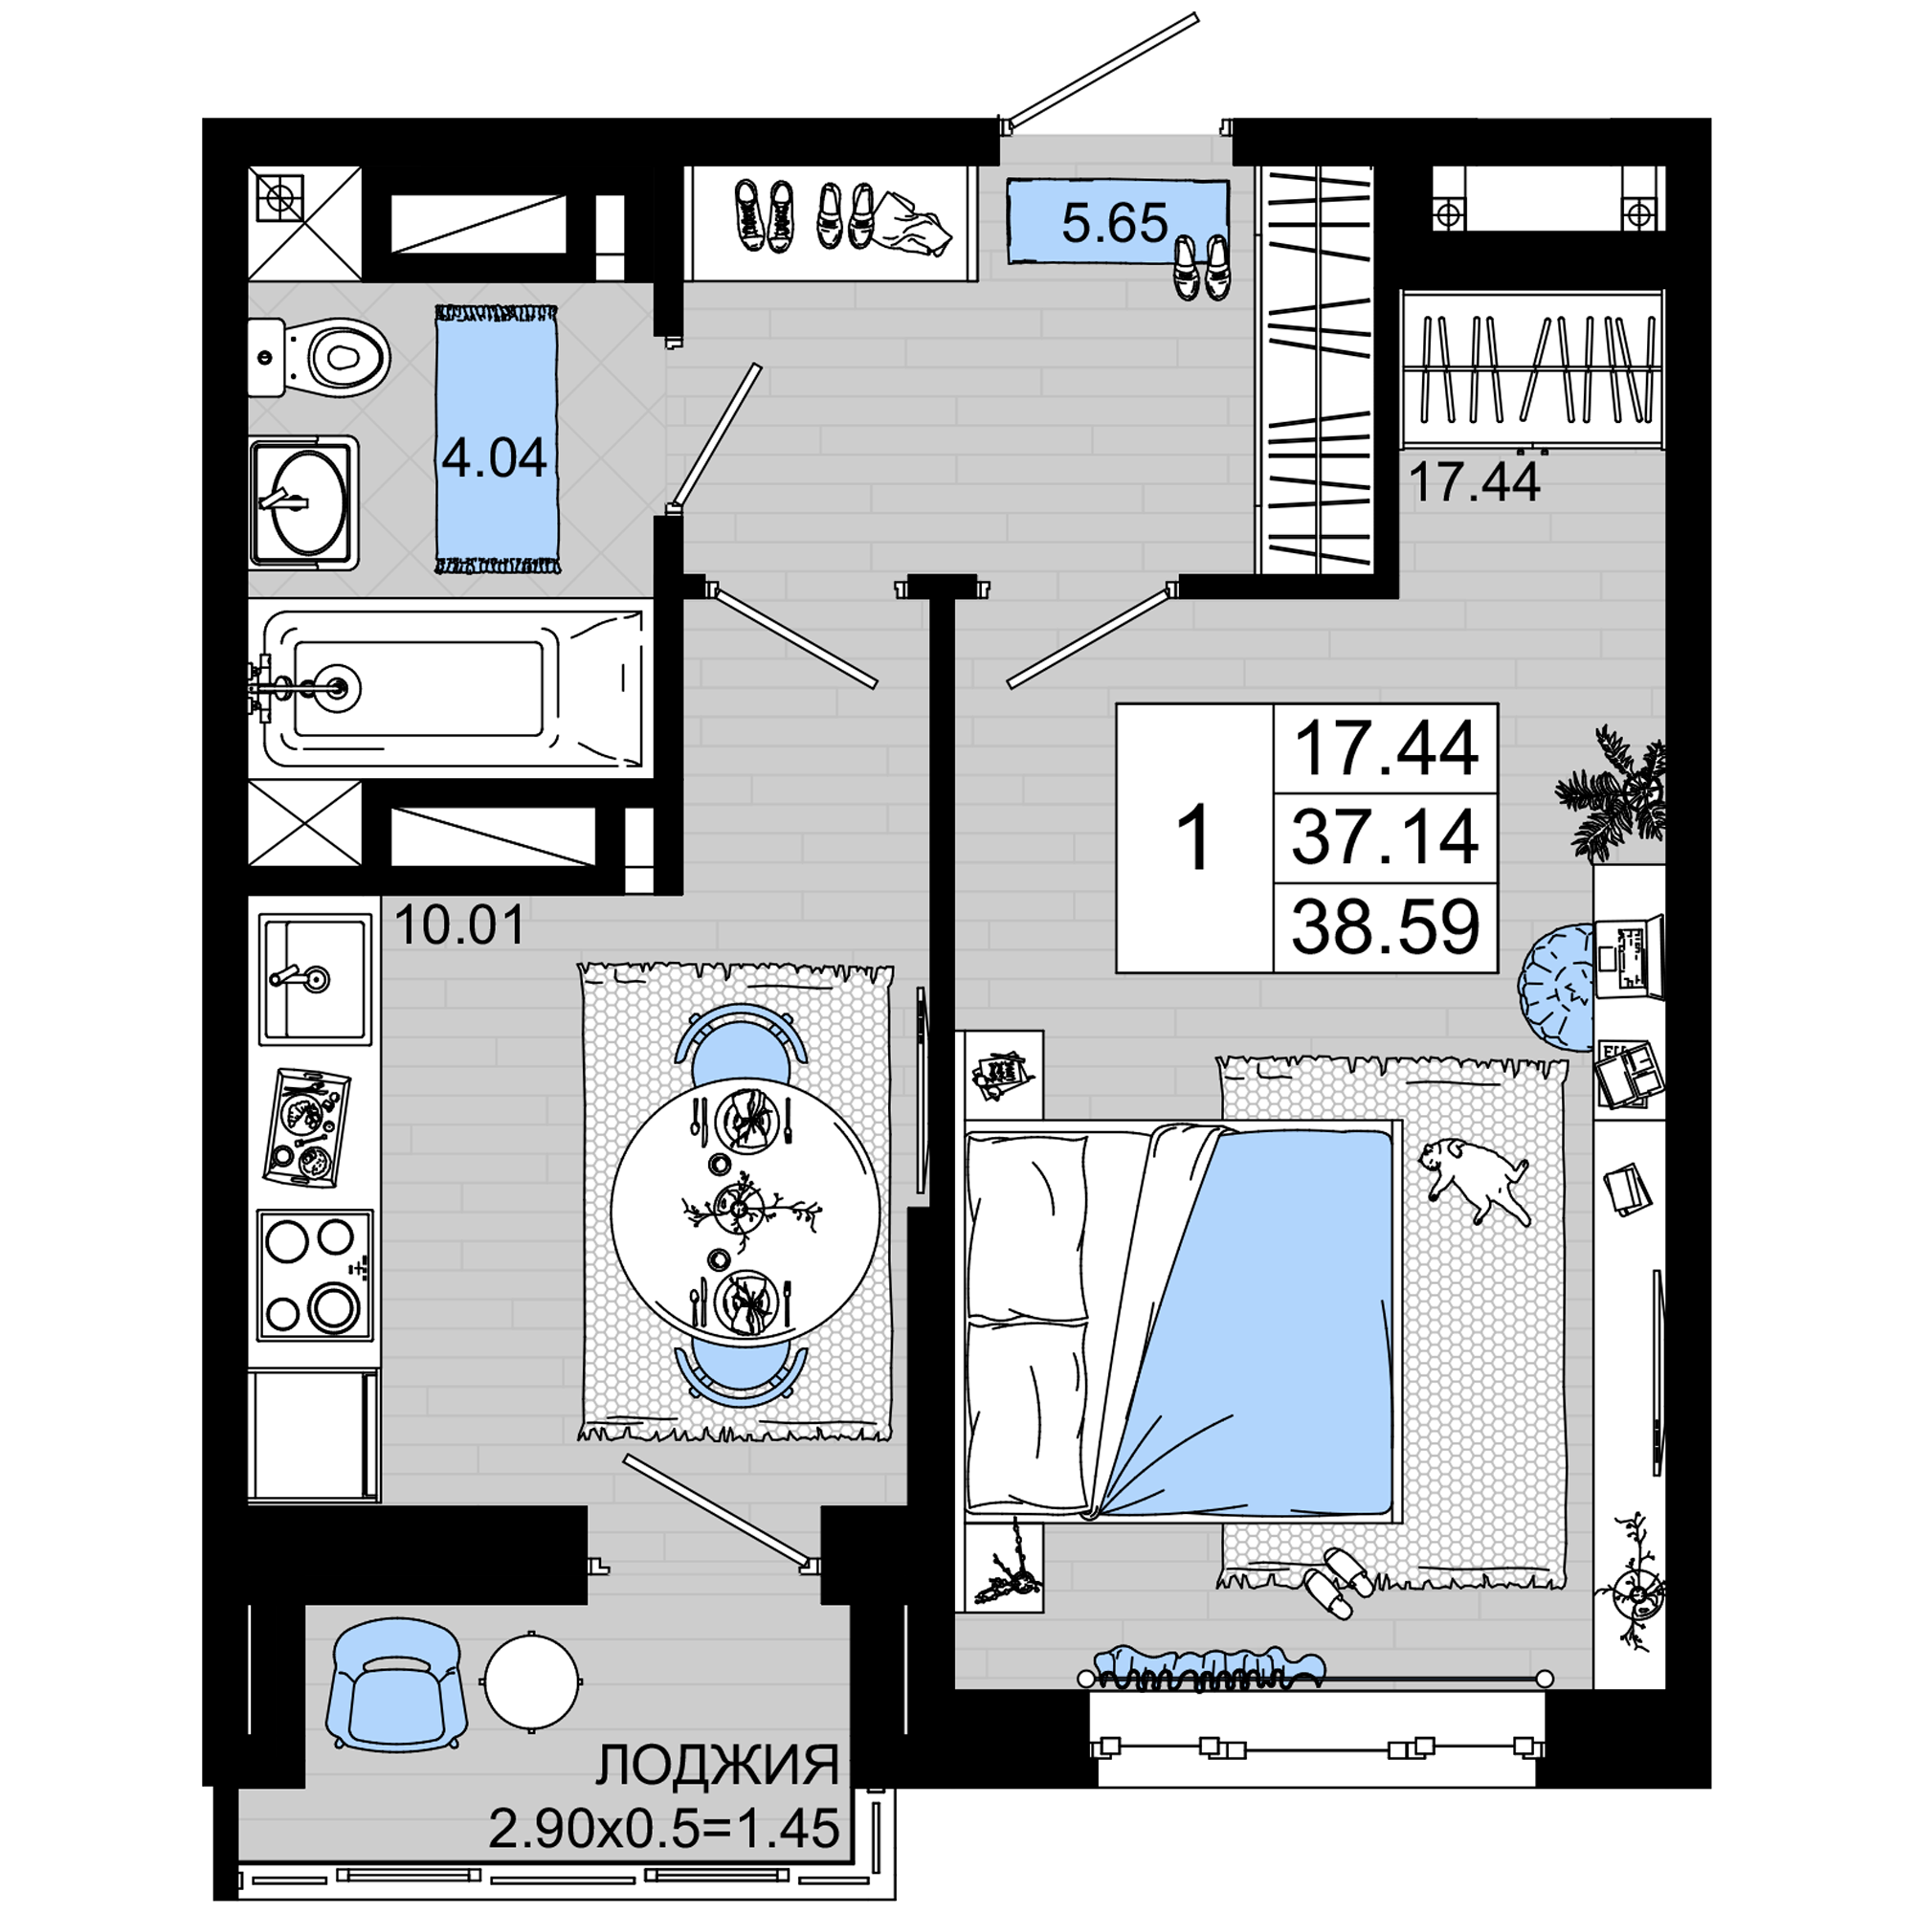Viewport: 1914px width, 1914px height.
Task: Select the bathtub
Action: pos(451,687)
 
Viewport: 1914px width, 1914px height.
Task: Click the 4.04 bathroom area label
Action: pos(495,457)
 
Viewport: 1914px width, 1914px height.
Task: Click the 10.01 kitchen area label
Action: pos(459,924)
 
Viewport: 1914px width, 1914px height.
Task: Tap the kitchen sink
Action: pos(315,979)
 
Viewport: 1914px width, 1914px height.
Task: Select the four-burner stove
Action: pos(315,1274)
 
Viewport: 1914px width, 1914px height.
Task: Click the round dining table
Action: pos(744,1212)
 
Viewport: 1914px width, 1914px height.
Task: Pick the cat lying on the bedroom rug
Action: pos(1474,1181)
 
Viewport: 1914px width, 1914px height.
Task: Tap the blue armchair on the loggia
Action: pos(397,1685)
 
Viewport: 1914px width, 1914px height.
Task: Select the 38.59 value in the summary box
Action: pos(1385,926)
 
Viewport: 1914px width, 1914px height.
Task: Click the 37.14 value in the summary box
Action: pos(1385,836)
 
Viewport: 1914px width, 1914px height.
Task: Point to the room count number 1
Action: pos(1194,838)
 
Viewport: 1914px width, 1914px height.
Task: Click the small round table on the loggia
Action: pos(532,1682)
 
